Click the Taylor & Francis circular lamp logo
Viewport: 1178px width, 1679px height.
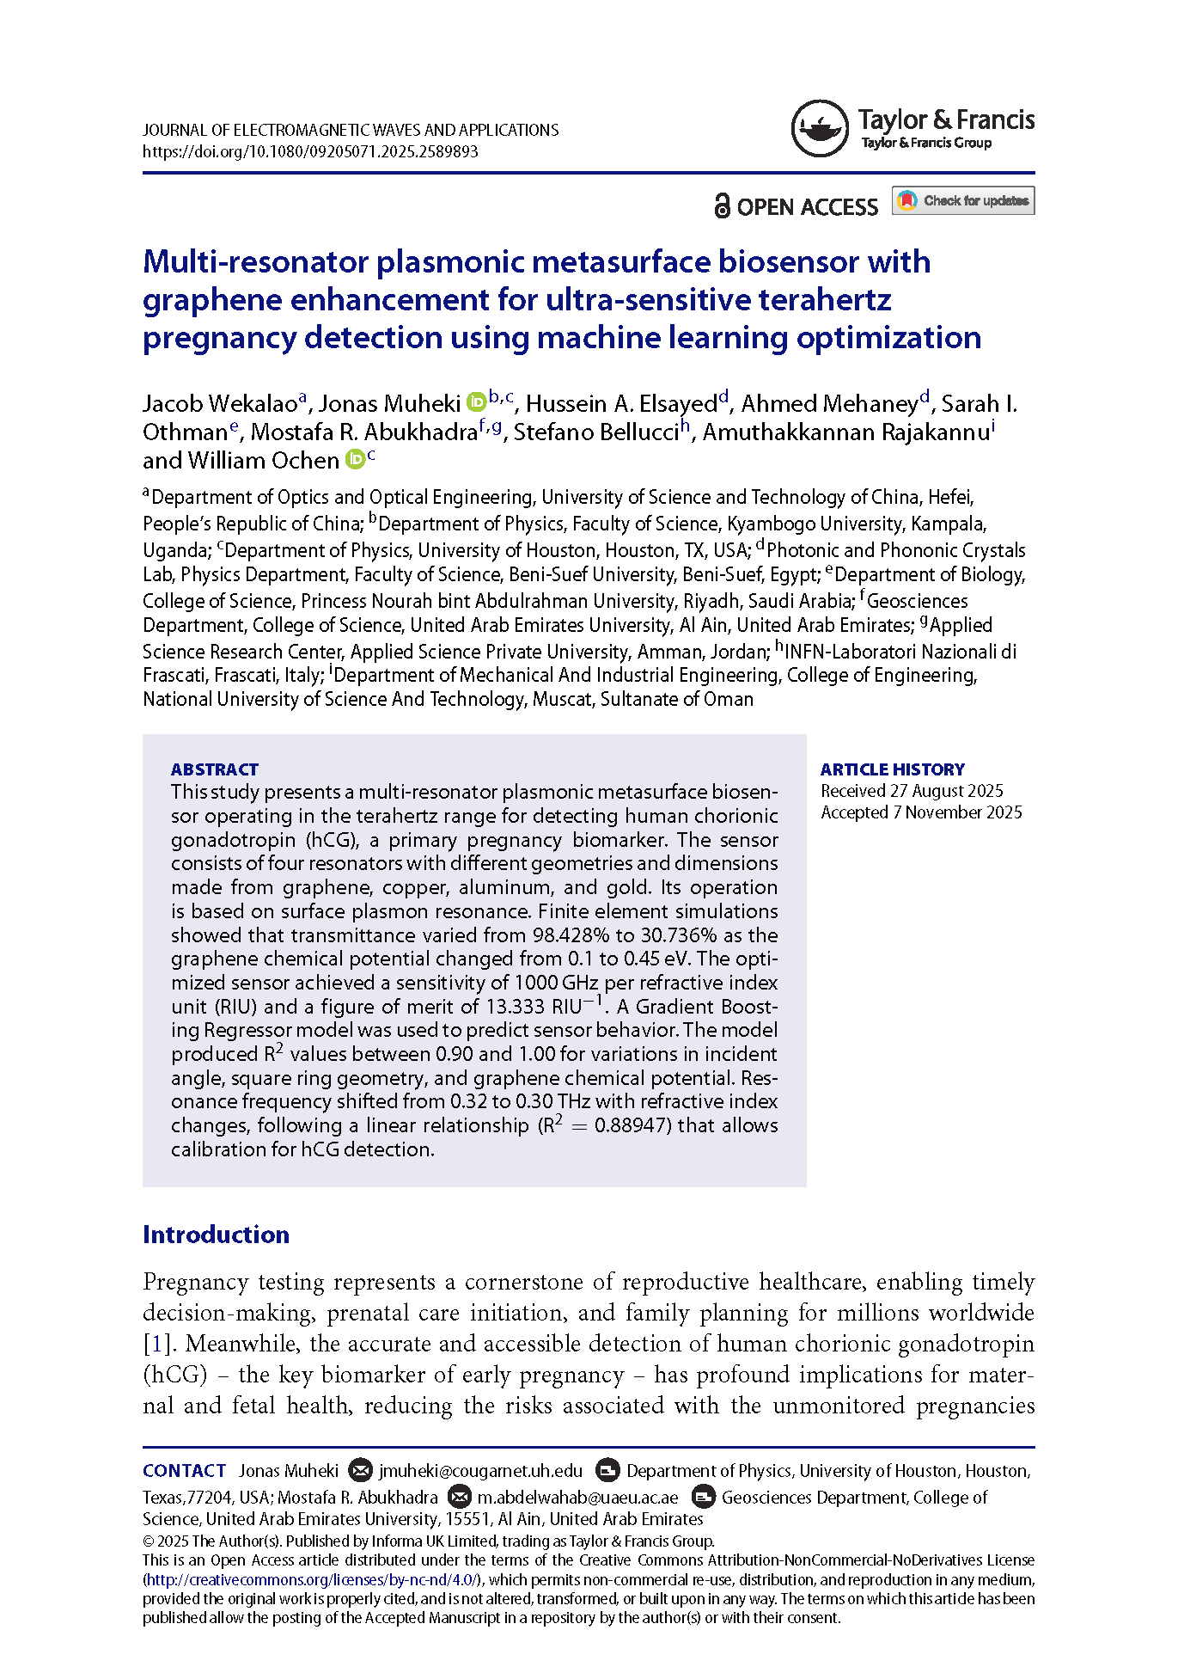[x=819, y=129]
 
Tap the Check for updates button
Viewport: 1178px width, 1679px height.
[x=962, y=201]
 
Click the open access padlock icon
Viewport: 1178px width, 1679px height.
[x=722, y=206]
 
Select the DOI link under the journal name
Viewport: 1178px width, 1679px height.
[x=310, y=151]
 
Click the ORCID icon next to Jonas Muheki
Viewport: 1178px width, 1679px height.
[x=476, y=402]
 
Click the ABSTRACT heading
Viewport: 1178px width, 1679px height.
[x=214, y=769]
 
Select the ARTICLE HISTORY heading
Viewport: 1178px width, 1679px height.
[x=892, y=769]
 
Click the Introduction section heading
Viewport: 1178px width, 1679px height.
[x=216, y=1235]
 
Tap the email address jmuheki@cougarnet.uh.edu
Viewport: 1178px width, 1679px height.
[x=480, y=1471]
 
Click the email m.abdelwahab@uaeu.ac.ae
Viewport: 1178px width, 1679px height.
[x=577, y=1497]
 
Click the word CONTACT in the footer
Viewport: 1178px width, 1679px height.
[x=184, y=1471]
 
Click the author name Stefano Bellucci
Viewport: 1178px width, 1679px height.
[x=596, y=432]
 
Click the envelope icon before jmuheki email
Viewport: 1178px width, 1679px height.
[x=361, y=1471]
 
